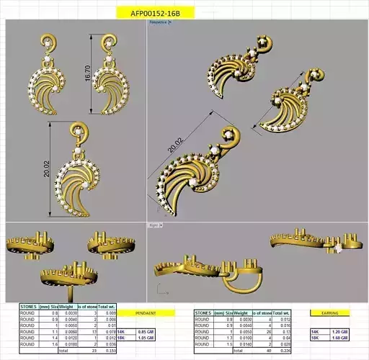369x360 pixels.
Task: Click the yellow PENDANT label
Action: pyautogui.click(x=146, y=313)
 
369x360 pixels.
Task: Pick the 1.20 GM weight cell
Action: pyautogui.click(x=340, y=330)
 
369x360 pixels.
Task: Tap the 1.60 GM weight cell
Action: pyautogui.click(x=340, y=336)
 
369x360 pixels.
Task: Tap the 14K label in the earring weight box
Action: pyautogui.click(x=316, y=330)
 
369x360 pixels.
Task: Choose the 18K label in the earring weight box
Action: pyautogui.click(x=316, y=336)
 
